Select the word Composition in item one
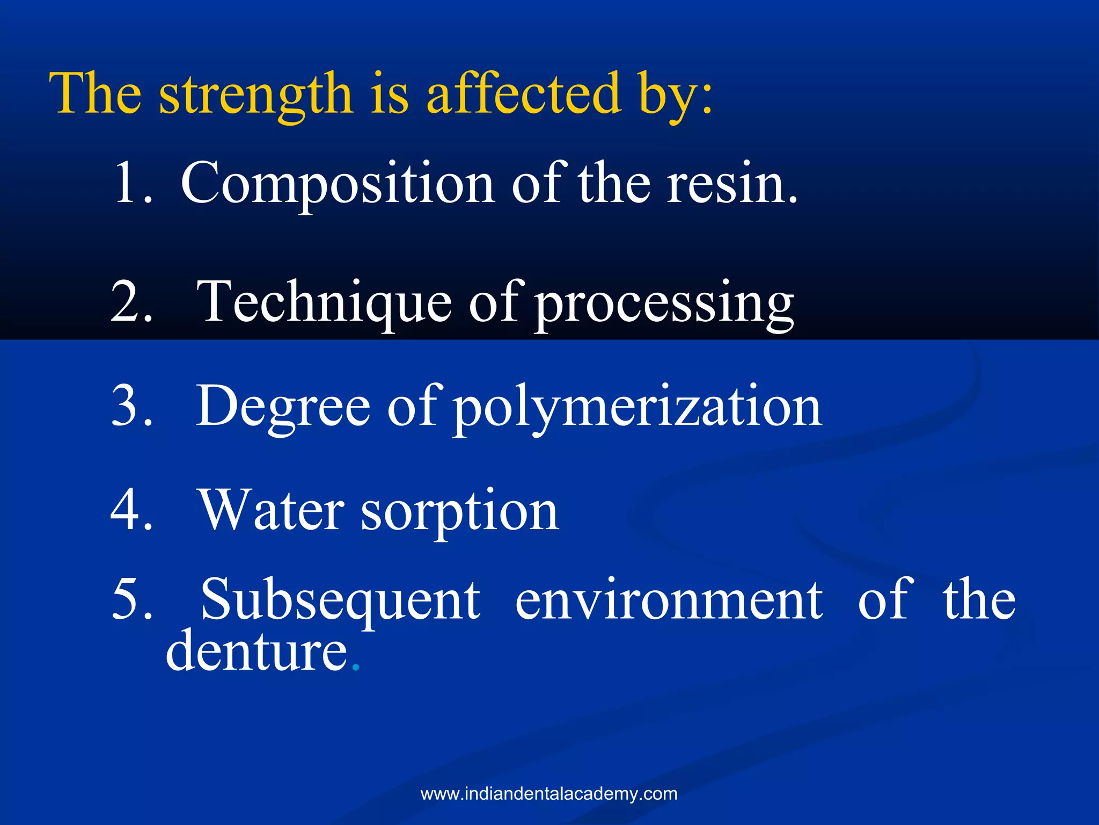coord(338,184)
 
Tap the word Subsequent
coord(340,600)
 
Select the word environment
coord(669,600)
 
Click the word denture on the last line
coord(257,652)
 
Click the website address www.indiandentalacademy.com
coord(549,794)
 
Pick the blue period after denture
coord(355,668)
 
